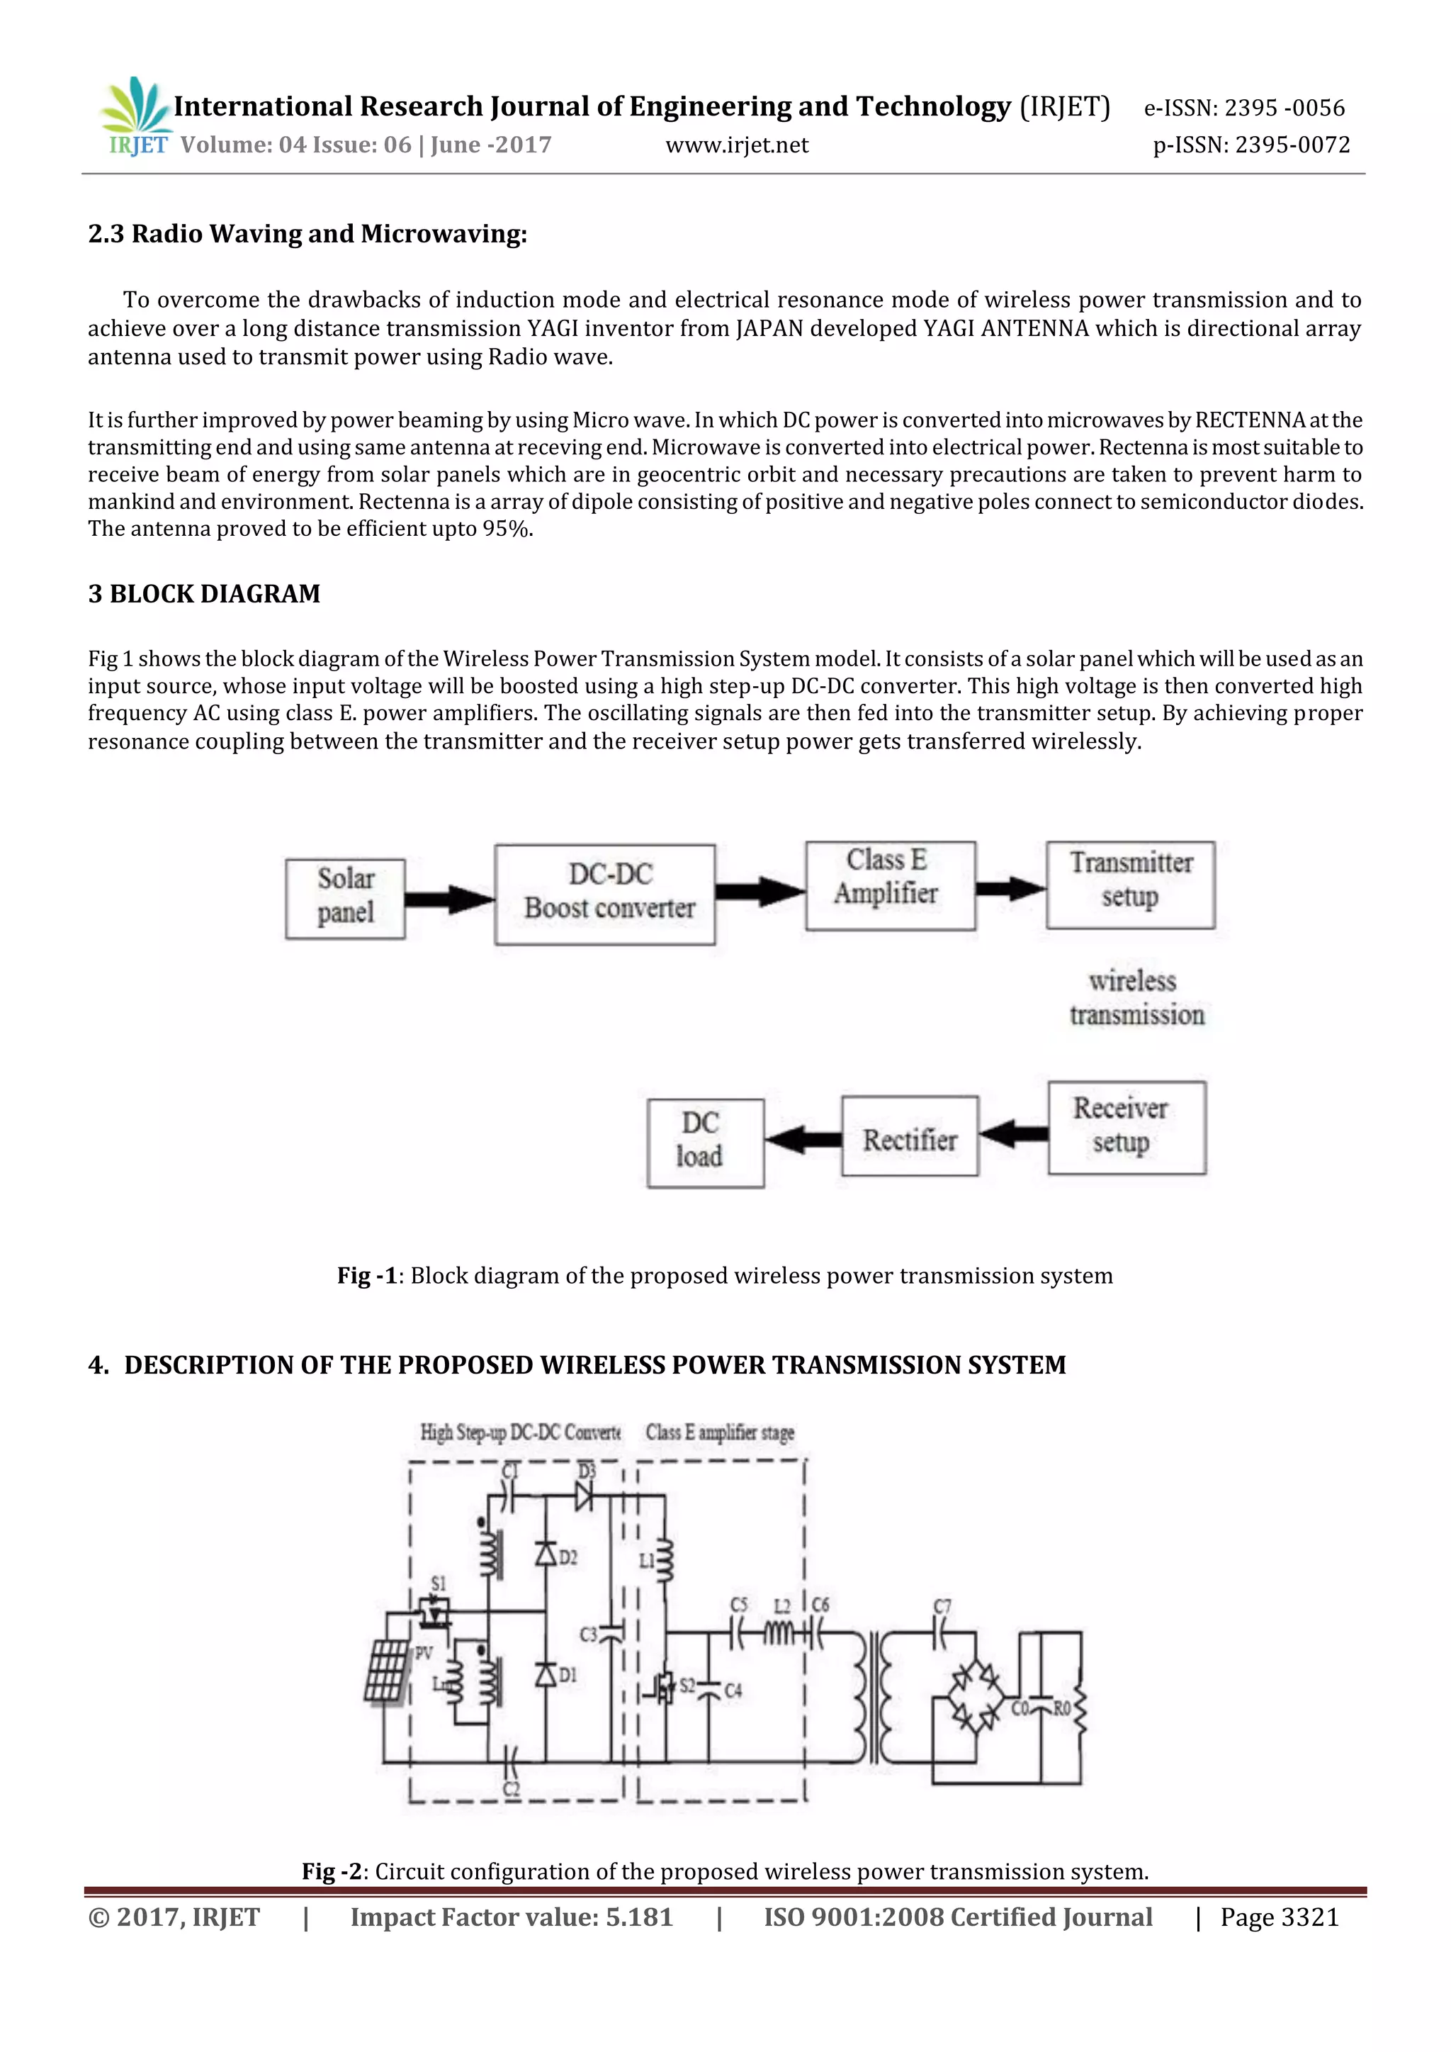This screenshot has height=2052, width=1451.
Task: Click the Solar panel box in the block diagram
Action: point(345,898)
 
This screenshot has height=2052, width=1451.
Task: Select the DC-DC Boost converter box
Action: point(605,894)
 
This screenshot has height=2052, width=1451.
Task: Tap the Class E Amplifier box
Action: point(889,885)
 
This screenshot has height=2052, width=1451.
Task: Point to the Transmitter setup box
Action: point(1130,884)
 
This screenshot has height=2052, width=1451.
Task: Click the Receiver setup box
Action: point(1126,1127)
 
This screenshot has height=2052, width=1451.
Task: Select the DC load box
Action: point(705,1142)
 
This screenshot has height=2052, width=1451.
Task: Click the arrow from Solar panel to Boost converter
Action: point(449,898)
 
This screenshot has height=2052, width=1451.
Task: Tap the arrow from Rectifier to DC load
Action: point(802,1138)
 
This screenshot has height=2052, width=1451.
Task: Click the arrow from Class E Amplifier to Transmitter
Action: point(1010,888)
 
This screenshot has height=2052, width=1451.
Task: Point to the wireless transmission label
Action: point(1136,998)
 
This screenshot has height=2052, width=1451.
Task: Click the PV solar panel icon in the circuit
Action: point(386,1671)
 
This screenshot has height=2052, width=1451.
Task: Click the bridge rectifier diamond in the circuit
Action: point(975,1695)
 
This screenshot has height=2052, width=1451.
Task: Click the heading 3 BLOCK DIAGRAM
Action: point(204,593)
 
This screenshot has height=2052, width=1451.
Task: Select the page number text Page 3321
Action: point(1280,1917)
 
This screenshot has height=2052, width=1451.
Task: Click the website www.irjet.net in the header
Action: point(736,145)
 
